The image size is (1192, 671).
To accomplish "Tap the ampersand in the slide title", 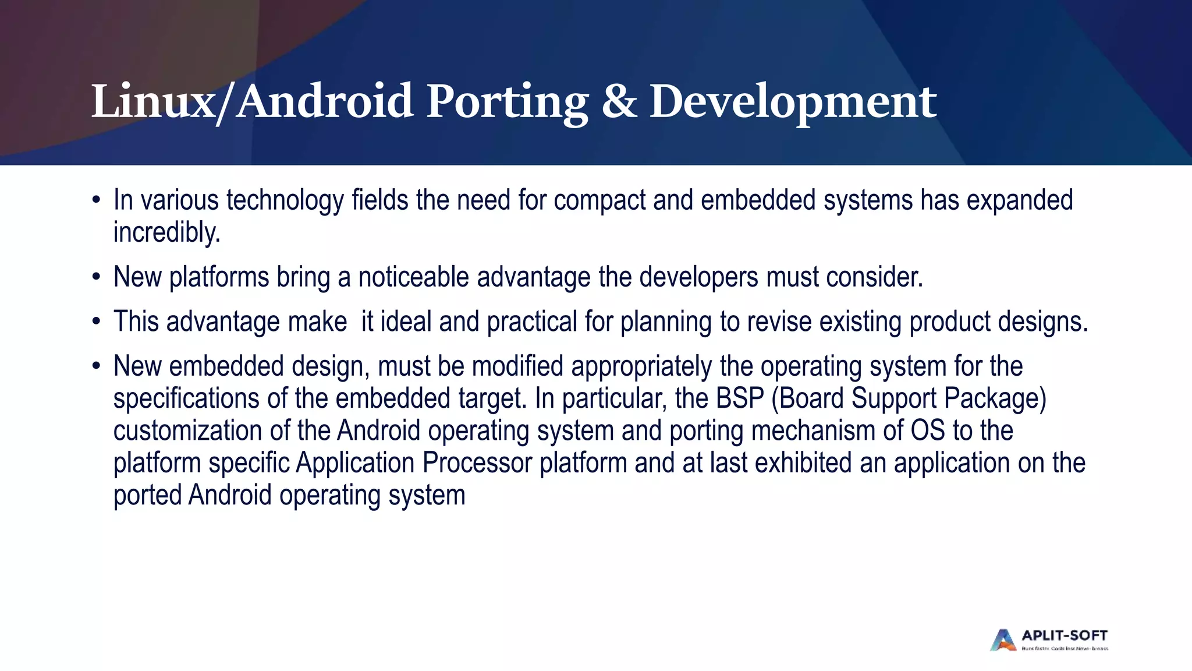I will (619, 102).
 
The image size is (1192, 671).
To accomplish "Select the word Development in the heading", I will (793, 102).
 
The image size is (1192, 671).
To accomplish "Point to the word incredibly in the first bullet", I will (166, 232).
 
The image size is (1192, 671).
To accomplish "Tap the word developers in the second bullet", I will (698, 277).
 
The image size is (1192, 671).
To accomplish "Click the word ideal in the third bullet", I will (406, 322).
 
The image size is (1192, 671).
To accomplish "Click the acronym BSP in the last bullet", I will (739, 398).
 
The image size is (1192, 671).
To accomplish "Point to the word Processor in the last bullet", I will (477, 463).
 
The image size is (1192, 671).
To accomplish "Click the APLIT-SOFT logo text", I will (1065, 635).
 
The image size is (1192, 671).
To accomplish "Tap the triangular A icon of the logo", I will (1003, 640).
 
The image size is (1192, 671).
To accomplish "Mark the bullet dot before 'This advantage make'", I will (96, 322).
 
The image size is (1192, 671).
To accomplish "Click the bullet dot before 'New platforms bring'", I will (96, 277).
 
